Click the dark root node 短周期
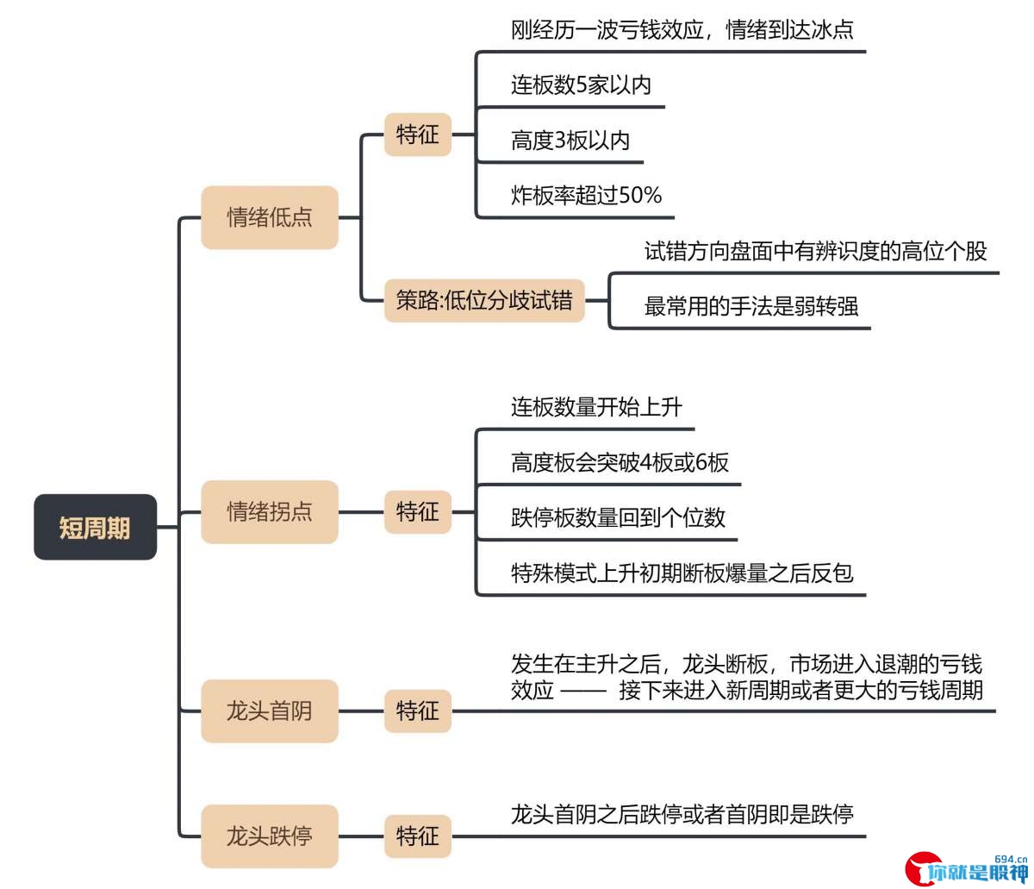95,527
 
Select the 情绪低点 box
270,217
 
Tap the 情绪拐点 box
270,511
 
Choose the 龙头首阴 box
270,711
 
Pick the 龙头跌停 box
270,836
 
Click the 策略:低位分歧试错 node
484,300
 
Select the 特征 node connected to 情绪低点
418,135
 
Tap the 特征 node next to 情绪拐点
418,511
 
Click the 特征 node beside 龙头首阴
418,711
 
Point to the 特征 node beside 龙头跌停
418,836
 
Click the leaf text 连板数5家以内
581,85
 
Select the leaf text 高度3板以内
570,141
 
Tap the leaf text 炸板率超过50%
586,195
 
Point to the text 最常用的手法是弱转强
751,306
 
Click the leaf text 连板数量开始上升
596,407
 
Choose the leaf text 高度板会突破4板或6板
620,462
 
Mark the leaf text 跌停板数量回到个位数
618,517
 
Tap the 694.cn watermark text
1011,860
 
